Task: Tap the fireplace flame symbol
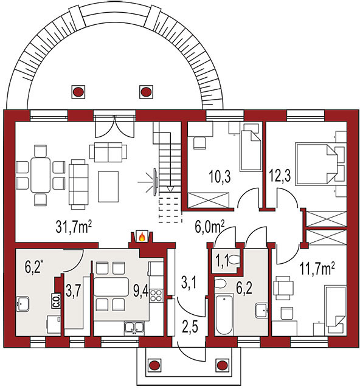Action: tap(142, 237)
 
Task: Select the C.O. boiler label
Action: tap(57, 300)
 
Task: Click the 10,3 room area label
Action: tap(220, 177)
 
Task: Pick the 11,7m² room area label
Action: tap(317, 269)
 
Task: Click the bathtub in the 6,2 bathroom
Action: tap(224, 314)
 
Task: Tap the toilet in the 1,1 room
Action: tap(234, 261)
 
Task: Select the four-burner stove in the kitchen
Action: tap(156, 296)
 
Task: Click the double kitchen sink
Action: tap(134, 328)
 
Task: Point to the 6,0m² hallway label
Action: tap(210, 227)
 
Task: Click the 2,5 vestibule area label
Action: tap(190, 326)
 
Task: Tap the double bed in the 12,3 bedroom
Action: tap(316, 164)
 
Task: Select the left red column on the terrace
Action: tap(78, 92)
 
